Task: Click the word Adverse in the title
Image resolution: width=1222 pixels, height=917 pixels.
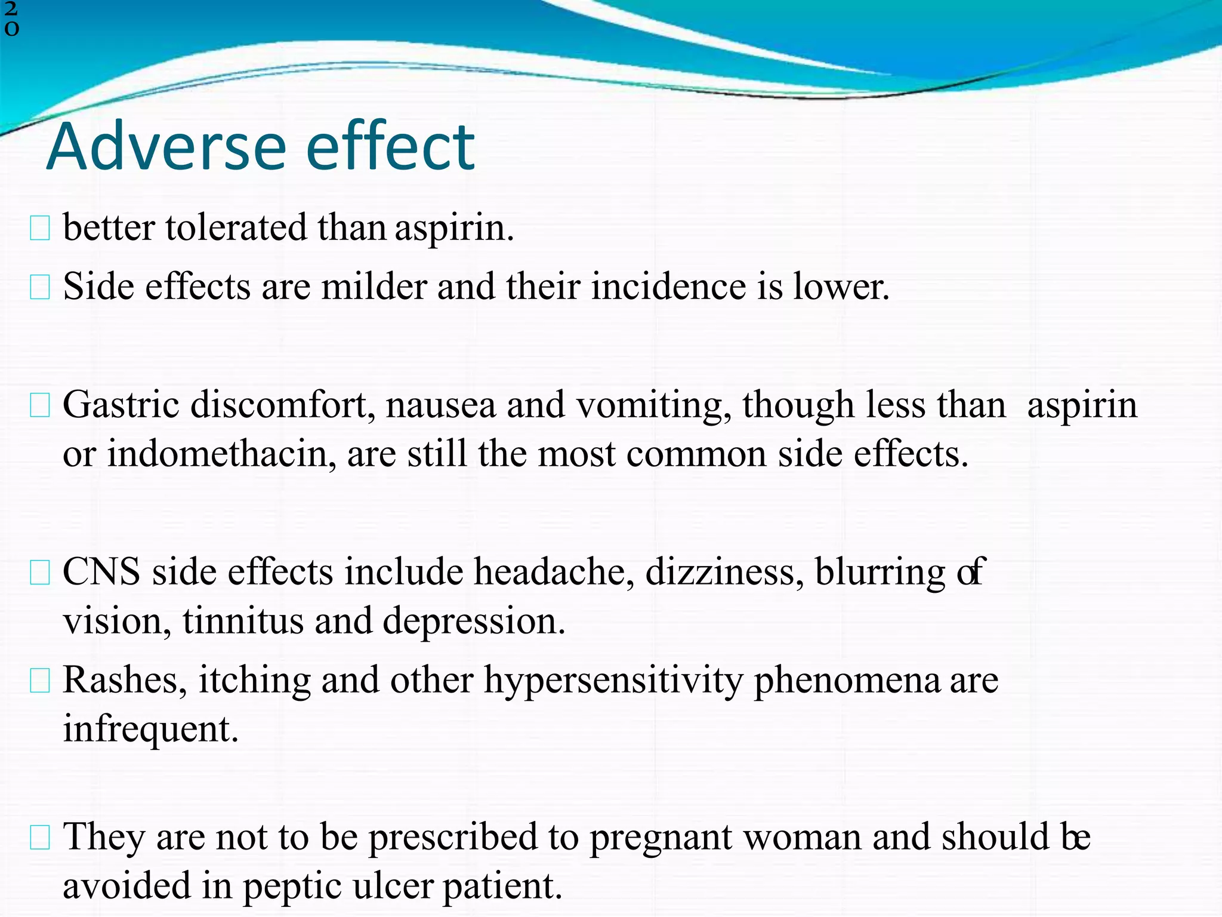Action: pos(166,147)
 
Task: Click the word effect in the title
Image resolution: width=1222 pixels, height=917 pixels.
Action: pos(390,147)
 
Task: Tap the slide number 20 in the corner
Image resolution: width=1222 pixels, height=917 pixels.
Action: pos(11,19)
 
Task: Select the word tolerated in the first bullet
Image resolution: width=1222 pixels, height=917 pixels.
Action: pos(236,228)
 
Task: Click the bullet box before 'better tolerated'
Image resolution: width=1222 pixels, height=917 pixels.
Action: pos(39,229)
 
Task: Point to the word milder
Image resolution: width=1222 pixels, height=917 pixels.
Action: pos(374,287)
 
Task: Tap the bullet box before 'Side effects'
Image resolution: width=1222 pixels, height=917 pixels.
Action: pos(39,288)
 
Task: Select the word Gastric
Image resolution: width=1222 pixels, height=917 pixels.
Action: pos(121,405)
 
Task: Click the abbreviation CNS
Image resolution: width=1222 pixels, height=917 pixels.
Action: pos(101,572)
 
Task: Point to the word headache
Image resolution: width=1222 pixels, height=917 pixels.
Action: pos(554,572)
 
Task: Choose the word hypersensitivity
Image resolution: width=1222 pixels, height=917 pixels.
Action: pos(613,681)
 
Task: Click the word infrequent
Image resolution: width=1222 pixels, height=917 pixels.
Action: pos(150,729)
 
